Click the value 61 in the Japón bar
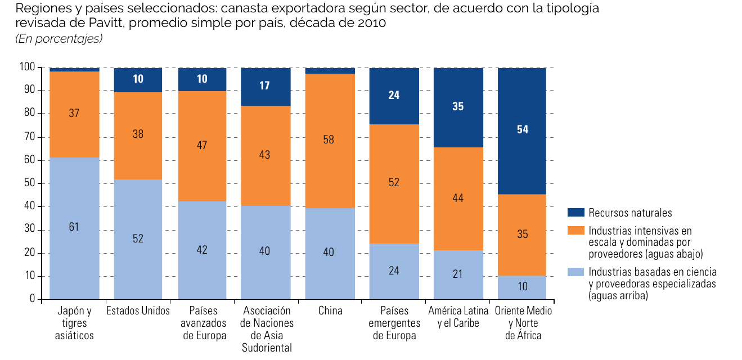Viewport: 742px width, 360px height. pos(74,227)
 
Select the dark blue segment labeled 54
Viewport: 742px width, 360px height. pos(522,131)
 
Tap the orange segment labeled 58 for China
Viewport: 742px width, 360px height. pos(330,141)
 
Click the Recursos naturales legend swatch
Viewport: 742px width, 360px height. pos(575,212)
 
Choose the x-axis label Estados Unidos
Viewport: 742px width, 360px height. pos(138,310)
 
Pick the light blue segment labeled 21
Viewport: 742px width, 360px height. pos(458,275)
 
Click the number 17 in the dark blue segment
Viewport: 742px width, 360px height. pos(264,85)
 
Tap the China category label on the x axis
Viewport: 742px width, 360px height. pos(330,310)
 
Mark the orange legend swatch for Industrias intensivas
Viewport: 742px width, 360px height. pos(575,230)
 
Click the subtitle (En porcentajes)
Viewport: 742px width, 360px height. pos(59,39)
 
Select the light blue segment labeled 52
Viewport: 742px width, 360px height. pos(138,240)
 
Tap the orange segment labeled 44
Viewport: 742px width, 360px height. pos(458,199)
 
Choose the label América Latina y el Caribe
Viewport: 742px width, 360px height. pos(458,317)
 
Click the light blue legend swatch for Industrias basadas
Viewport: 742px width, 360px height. pos(575,272)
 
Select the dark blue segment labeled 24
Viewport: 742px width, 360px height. pos(394,96)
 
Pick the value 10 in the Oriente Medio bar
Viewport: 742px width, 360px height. pos(523,286)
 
